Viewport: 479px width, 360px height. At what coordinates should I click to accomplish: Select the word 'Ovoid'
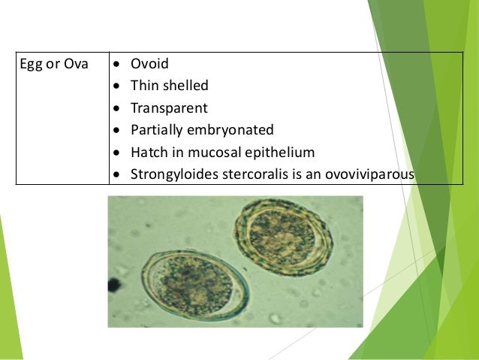[149, 64]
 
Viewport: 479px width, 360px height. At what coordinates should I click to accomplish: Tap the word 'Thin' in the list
[144, 86]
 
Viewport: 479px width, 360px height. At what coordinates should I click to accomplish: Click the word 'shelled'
[184, 86]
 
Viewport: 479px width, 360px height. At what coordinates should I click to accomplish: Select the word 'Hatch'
[148, 152]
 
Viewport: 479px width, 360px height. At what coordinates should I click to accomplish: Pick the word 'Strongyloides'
[172, 174]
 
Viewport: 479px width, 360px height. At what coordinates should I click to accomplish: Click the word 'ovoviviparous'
[373, 174]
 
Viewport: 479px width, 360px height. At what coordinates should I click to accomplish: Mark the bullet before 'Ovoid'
[117, 65]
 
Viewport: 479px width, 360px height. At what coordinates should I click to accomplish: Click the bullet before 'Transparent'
[117, 108]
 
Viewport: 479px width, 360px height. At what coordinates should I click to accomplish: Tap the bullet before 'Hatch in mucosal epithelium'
[117, 153]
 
